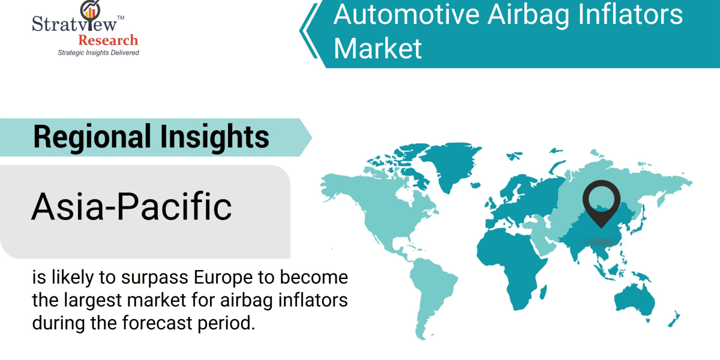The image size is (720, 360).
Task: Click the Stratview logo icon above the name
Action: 91,9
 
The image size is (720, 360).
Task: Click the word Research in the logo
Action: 108,40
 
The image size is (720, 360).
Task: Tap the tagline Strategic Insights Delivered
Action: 98,53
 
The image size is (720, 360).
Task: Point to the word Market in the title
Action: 378,48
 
